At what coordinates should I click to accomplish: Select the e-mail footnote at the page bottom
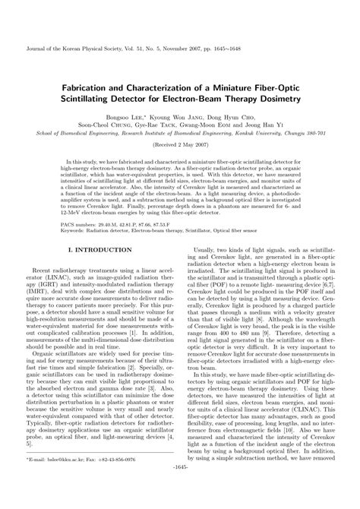[76, 481]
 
